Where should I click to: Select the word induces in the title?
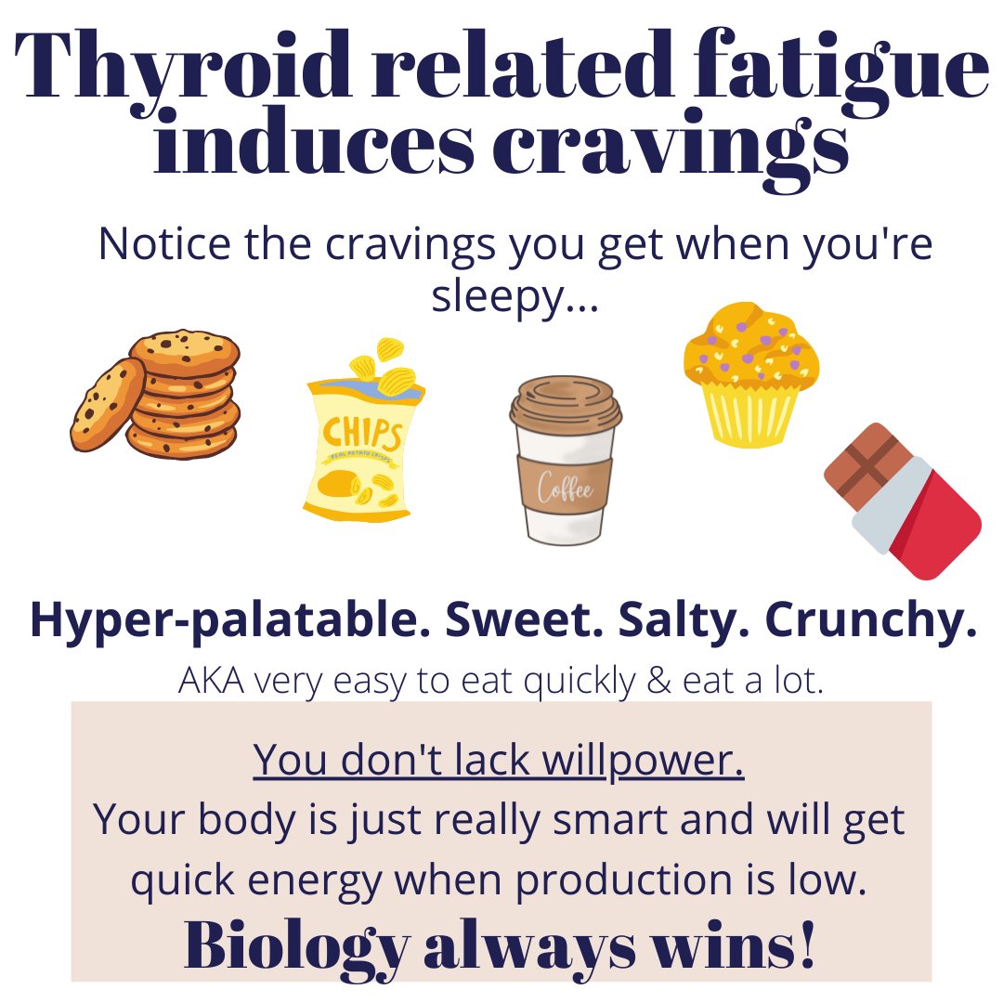point(314,142)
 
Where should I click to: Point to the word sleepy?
point(498,297)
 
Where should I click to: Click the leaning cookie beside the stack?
point(108,404)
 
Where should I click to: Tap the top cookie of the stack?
point(184,352)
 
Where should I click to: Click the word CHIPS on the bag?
point(363,434)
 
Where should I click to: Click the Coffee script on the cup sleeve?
point(565,488)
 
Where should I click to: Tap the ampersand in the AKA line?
point(658,681)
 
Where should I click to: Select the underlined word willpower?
point(643,762)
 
